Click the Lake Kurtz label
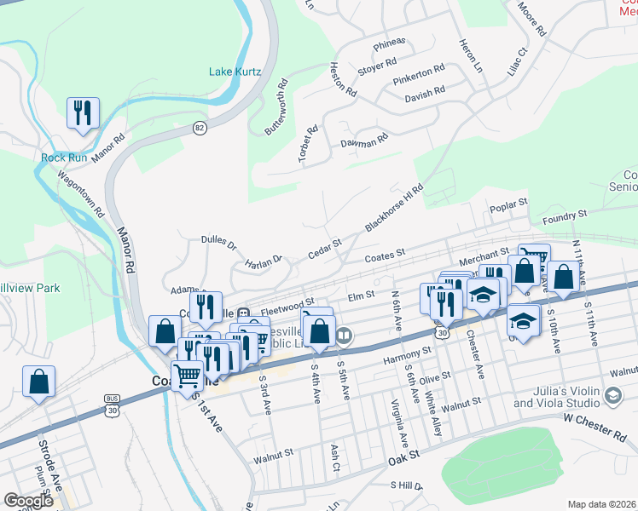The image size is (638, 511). pyautogui.click(x=235, y=72)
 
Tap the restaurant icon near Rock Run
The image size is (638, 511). pyautogui.click(x=83, y=113)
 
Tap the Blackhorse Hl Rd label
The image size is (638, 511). pyautogui.click(x=394, y=209)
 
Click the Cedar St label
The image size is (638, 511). pyautogui.click(x=324, y=246)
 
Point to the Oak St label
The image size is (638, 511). pyautogui.click(x=404, y=457)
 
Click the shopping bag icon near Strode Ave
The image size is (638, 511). pyautogui.click(x=38, y=383)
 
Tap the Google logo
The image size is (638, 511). pyautogui.click(x=28, y=501)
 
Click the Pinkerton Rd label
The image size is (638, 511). pyautogui.click(x=419, y=75)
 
